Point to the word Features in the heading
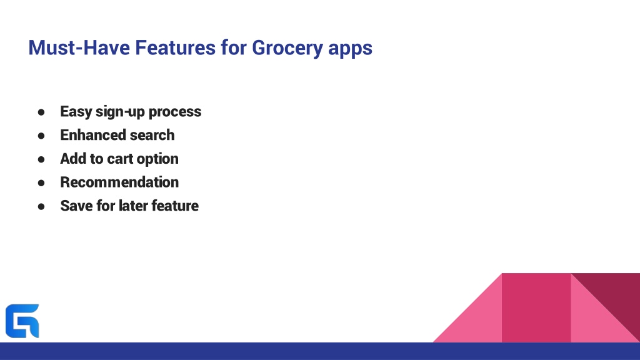coord(175,47)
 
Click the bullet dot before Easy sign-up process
coord(41,112)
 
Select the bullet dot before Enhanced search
coord(41,136)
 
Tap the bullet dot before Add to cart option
coord(41,159)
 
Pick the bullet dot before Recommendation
coord(41,183)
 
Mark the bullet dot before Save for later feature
coord(41,206)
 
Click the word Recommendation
coord(119,182)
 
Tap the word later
coord(133,206)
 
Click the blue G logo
coord(22,321)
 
